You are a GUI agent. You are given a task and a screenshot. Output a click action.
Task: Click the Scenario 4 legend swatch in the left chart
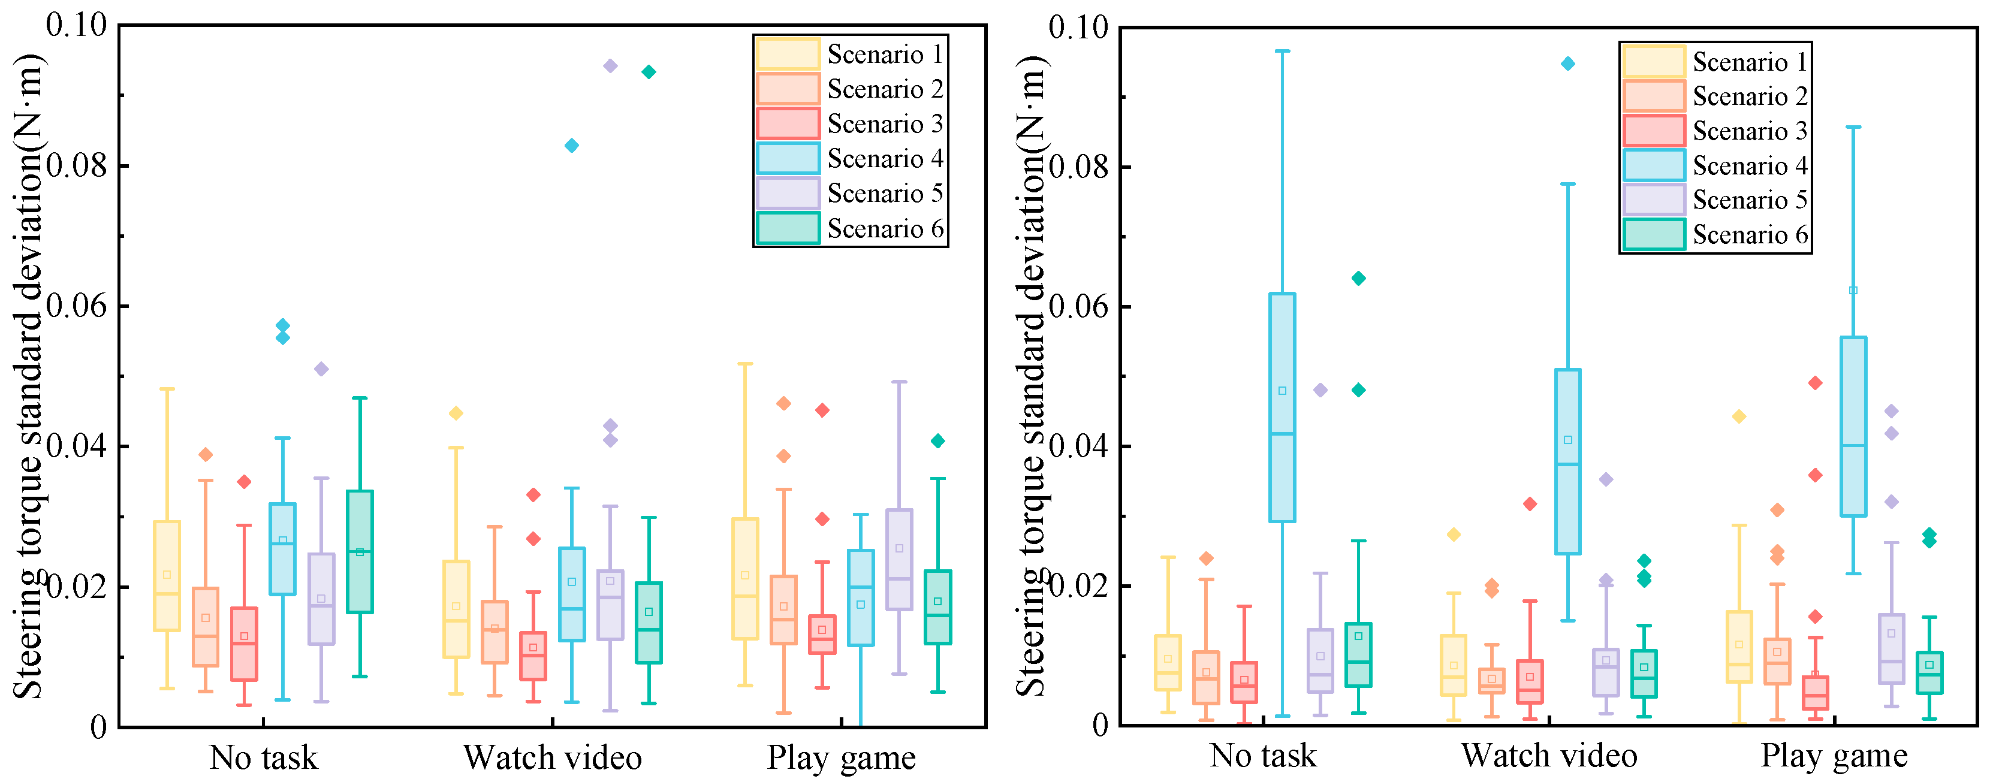click(787, 159)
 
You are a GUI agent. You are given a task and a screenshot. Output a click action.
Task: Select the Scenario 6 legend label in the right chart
click(1751, 234)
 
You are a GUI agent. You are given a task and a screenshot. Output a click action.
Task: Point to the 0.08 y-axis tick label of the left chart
click(77, 165)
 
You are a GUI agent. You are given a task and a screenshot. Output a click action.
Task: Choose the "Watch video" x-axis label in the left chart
click(553, 757)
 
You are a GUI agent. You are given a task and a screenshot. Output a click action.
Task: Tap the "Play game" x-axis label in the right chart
click(1834, 756)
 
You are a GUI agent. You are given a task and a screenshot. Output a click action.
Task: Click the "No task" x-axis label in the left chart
click(264, 757)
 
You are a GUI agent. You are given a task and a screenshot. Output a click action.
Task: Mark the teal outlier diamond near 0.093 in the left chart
click(649, 72)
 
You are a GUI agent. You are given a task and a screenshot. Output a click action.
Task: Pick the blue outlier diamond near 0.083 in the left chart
click(572, 146)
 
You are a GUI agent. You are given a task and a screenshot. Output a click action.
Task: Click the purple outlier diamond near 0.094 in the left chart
click(610, 66)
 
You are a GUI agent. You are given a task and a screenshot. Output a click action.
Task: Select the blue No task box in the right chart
click(1283, 407)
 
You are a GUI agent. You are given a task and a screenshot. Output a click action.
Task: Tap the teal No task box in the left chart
click(360, 551)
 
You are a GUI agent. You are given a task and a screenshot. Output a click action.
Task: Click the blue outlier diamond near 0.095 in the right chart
click(1567, 64)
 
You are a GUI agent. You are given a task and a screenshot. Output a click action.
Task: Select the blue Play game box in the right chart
click(1854, 426)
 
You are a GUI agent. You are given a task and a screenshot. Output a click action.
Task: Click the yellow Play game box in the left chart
click(745, 579)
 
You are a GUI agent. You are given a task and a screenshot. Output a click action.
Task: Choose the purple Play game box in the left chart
click(899, 559)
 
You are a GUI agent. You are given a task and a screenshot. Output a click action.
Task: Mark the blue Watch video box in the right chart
click(1568, 462)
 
